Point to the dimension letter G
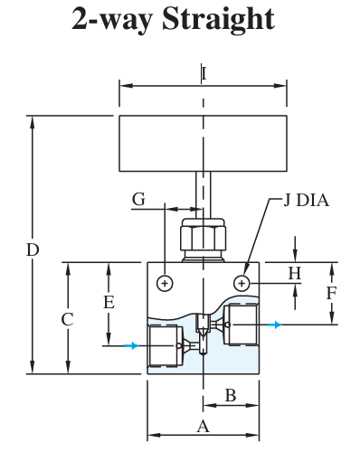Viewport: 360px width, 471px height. [138, 198]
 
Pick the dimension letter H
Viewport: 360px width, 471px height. [294, 272]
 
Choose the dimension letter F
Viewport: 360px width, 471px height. [332, 293]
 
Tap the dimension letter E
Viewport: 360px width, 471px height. [109, 302]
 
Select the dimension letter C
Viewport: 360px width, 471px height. [66, 319]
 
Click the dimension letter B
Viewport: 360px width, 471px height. [230, 395]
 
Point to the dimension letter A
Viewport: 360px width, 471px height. [203, 426]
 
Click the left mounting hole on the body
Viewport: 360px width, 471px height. [165, 284]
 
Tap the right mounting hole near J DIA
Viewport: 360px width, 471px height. [242, 284]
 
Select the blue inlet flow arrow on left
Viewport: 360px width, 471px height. [132, 345]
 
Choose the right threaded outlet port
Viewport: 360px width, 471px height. [242, 325]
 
